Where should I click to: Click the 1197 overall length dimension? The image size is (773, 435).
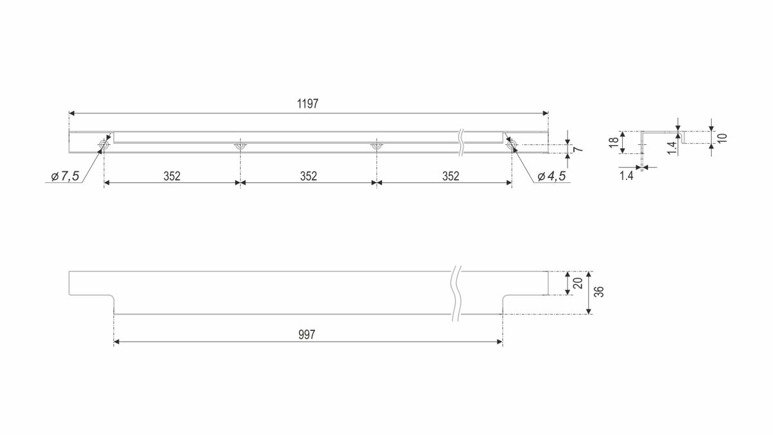tap(308, 104)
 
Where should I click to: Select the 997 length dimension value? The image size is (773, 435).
tap(307, 335)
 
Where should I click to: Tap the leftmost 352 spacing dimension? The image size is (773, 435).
tap(172, 177)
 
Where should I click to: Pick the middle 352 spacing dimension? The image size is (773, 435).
tap(309, 177)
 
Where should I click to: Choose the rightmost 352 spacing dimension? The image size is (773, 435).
tap(451, 177)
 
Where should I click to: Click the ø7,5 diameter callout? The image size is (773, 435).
tap(65, 177)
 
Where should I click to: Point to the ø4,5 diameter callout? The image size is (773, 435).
tap(552, 177)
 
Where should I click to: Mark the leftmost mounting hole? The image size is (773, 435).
tap(104, 145)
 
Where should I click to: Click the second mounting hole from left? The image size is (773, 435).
tap(240, 146)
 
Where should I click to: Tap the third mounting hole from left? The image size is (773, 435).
tap(376, 146)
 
